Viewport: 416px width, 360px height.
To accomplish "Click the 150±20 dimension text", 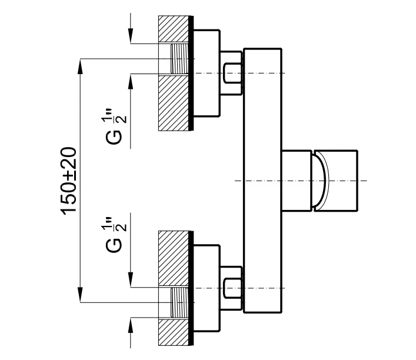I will click(69, 180).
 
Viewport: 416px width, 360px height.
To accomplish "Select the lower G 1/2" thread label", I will click(117, 234).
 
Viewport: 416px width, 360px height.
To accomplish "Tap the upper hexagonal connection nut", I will click(231, 73).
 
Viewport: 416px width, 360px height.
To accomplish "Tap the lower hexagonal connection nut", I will click(231, 288).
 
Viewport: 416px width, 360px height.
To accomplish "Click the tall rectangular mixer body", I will click(263, 180).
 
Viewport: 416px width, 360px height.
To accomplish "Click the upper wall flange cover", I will click(206, 73).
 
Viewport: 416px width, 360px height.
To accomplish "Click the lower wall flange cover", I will click(206, 288).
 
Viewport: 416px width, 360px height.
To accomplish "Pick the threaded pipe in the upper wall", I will click(179, 59).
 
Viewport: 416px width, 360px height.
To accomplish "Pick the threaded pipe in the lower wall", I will click(179, 302).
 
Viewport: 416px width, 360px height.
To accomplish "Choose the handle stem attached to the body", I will click(297, 180).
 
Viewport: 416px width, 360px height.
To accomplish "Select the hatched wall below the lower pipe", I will click(174, 332).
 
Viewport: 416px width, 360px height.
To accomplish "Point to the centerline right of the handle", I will click(362, 180).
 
